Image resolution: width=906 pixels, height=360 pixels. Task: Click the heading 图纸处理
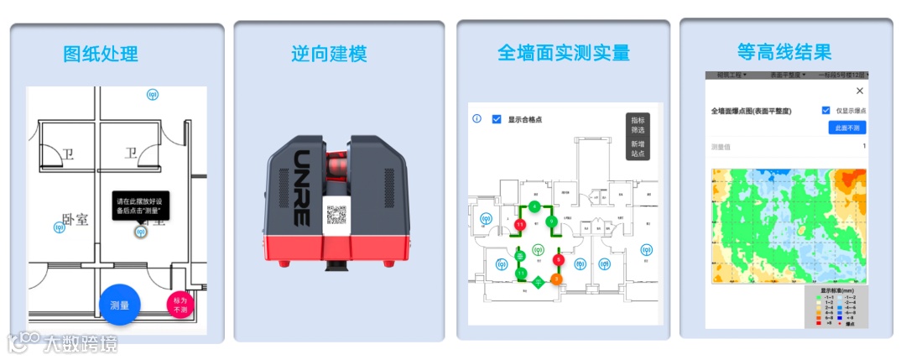101,55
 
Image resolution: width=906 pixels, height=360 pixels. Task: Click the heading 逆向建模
329,55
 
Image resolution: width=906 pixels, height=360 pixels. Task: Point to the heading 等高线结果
784,51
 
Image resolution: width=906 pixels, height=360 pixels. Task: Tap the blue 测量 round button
119,306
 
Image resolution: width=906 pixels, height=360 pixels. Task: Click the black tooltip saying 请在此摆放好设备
141,205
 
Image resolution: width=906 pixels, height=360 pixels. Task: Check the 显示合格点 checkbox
497,119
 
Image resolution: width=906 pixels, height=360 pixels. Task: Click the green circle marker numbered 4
534,206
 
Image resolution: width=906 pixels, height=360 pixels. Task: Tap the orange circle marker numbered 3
555,278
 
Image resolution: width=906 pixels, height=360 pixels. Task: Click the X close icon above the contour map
859,91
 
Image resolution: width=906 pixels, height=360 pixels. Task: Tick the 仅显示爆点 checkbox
826,110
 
